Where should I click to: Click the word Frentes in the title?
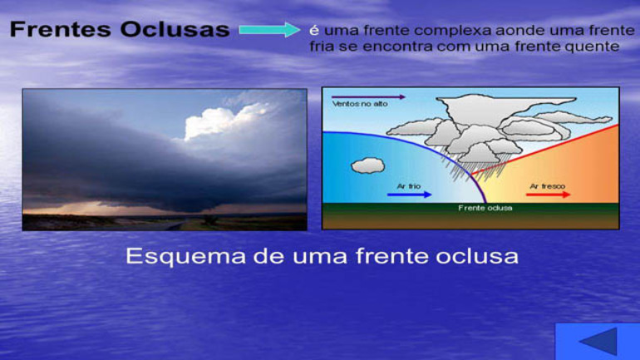[x=61, y=29]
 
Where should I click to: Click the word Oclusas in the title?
[x=175, y=29]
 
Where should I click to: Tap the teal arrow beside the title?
[x=270, y=29]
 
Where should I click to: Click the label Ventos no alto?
[x=360, y=104]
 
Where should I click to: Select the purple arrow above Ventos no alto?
[x=368, y=97]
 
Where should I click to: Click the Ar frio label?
[x=409, y=186]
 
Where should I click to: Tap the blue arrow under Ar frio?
[x=410, y=195]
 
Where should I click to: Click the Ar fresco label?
[x=548, y=186]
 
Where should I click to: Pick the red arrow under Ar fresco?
[x=549, y=195]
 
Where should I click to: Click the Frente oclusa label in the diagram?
[x=485, y=208]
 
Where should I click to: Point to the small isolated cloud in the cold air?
[x=367, y=165]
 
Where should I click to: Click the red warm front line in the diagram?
[x=545, y=150]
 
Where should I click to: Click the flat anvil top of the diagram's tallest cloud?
[x=506, y=100]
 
